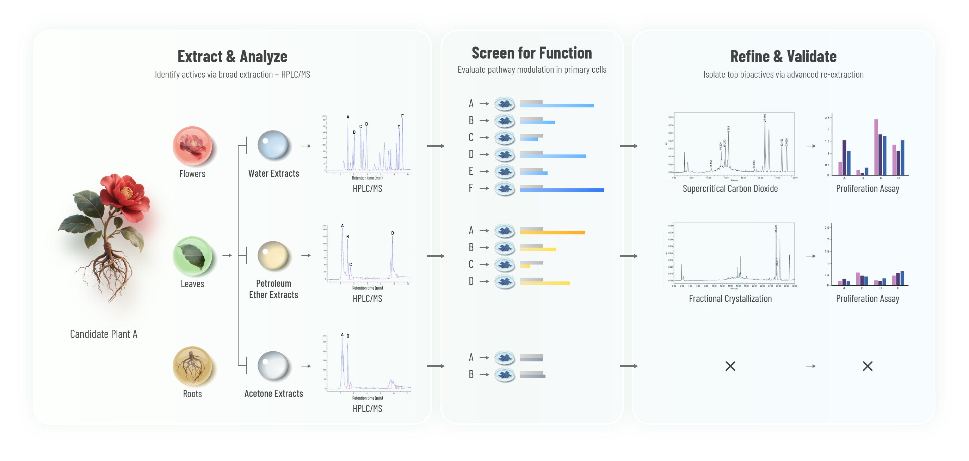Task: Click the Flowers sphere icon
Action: click(192, 146)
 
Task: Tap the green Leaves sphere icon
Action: click(192, 256)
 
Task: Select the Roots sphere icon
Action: click(192, 366)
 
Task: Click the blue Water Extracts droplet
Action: click(273, 145)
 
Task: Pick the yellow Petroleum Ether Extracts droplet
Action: click(273, 255)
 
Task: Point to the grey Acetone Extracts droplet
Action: click(273, 365)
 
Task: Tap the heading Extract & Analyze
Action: click(232, 56)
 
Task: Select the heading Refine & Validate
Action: click(783, 56)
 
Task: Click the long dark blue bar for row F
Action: click(562, 190)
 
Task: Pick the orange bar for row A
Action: click(552, 233)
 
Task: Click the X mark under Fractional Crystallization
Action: click(730, 366)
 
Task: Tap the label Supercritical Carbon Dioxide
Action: click(730, 189)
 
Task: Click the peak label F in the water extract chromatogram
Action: click(402, 116)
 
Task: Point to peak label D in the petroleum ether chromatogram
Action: click(392, 233)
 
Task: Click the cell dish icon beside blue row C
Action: click(505, 138)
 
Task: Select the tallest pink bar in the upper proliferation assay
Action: click(876, 147)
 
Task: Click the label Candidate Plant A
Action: click(104, 334)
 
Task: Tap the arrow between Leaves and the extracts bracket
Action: click(227, 255)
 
